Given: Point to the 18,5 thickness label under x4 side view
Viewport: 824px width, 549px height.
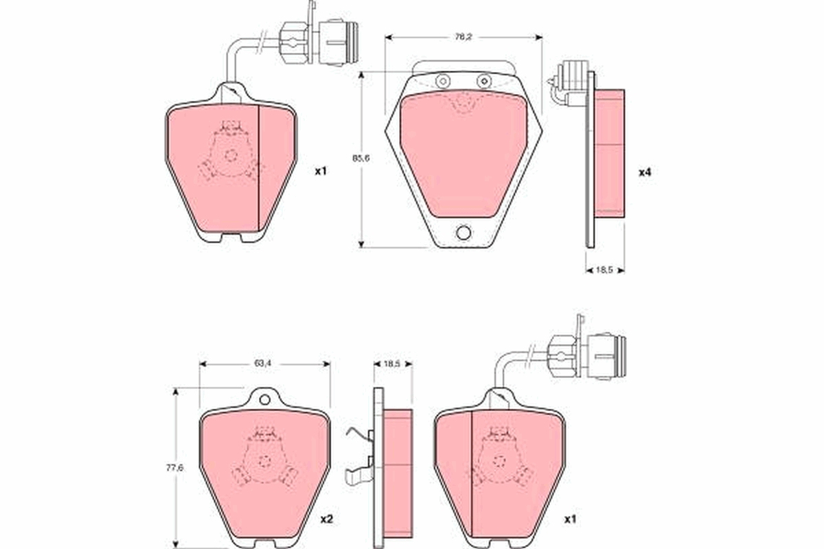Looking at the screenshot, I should (x=604, y=270).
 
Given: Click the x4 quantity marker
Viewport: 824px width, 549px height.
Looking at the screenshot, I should (x=644, y=172).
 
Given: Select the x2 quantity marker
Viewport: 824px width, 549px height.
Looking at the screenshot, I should (x=327, y=519).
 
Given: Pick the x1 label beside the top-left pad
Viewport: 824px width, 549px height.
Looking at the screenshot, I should (x=320, y=172).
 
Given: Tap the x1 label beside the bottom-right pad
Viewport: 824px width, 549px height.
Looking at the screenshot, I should (x=569, y=519).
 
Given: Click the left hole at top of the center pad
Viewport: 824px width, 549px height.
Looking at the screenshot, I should (x=442, y=82).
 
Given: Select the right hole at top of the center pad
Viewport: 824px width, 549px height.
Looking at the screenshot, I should (x=485, y=82).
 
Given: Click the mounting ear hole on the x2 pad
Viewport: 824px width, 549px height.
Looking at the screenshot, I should (x=264, y=399).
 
